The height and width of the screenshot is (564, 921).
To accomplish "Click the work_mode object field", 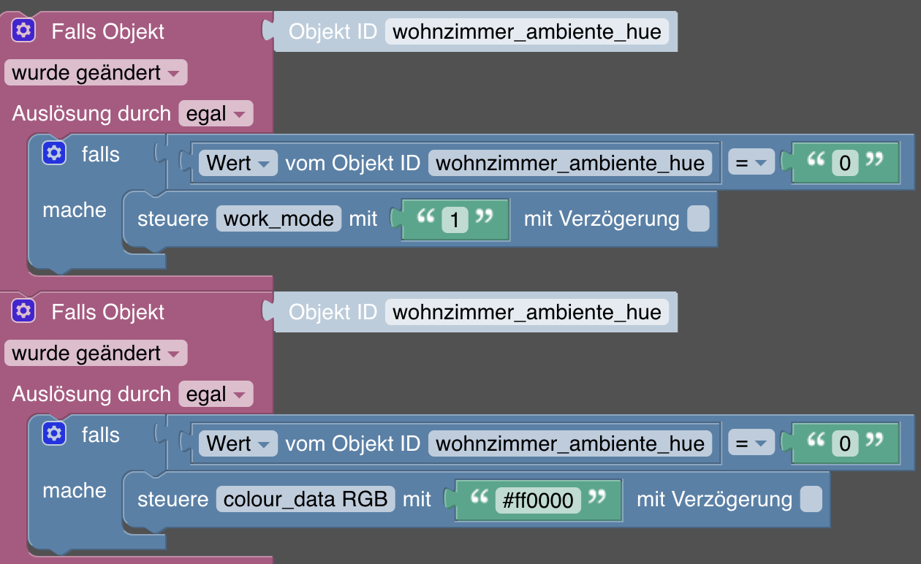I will pos(278,218).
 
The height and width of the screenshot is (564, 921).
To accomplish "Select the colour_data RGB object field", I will pos(306,499).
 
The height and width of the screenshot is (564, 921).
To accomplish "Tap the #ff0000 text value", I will pos(538,500).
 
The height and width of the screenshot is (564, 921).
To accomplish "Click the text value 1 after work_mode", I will pos(455,219).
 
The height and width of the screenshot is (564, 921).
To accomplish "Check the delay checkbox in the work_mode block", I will pos(698,218).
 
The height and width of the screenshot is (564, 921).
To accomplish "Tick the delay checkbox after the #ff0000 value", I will pos(811,500).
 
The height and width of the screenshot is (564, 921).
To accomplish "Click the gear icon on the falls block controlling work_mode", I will pos(53,153).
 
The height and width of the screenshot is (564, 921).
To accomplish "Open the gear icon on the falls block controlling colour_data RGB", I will pos(53,434).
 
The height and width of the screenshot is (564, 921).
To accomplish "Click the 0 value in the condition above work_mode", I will pos(845,163).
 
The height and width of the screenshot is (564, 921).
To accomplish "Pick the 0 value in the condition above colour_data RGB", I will pos(845,443).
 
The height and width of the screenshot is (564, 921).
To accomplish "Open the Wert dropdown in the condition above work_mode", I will pos(238,163).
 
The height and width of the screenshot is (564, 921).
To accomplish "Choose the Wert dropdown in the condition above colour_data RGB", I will pos(238,443).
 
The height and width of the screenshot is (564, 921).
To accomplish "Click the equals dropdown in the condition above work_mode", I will pos(751,163).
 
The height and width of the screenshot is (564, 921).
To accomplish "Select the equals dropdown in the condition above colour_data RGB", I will pos(751,443).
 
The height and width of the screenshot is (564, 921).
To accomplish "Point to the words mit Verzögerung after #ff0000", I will pos(714,500).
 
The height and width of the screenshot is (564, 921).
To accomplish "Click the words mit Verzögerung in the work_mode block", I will pos(602,218).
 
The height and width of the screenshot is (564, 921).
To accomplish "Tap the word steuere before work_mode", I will pos(173,218).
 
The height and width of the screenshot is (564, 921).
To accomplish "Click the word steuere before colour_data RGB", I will pos(173,500).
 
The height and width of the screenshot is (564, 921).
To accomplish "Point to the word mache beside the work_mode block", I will pos(75,210).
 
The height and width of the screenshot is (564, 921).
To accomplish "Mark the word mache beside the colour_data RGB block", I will pos(75,491).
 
